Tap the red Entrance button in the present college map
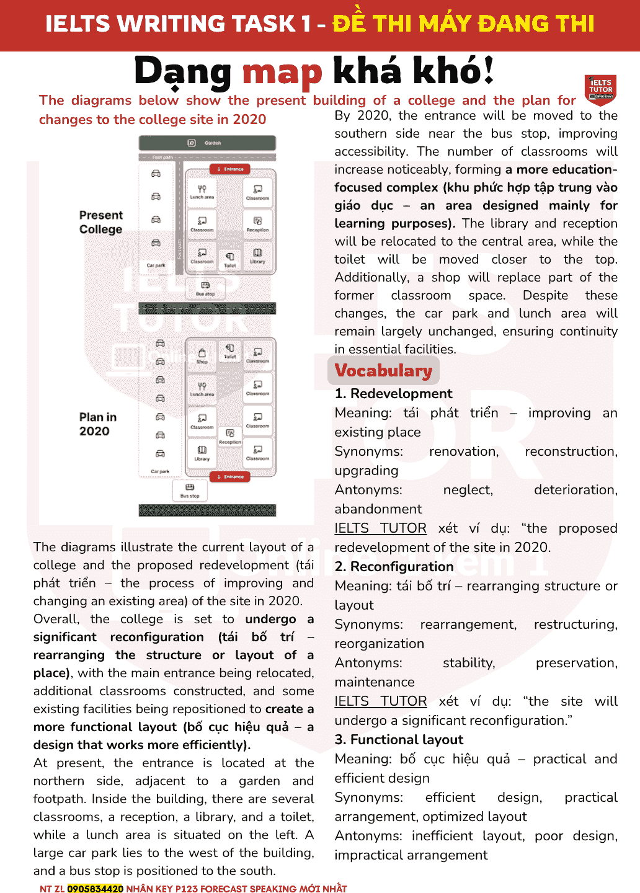point(230,169)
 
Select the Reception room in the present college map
point(257,223)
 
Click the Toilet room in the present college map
point(230,259)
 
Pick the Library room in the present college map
point(257,255)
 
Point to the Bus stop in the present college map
point(205,288)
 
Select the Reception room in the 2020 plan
point(230,436)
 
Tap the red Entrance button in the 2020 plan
point(230,476)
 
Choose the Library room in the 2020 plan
point(202,453)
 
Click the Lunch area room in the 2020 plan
point(202,388)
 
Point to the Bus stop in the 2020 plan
point(190,490)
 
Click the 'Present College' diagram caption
point(100,222)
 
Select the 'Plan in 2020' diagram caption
point(97,424)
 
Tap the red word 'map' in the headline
point(282,72)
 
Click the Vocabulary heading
point(383,370)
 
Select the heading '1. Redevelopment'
point(393,394)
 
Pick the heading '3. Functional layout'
point(399,740)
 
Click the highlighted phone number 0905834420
point(95,889)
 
